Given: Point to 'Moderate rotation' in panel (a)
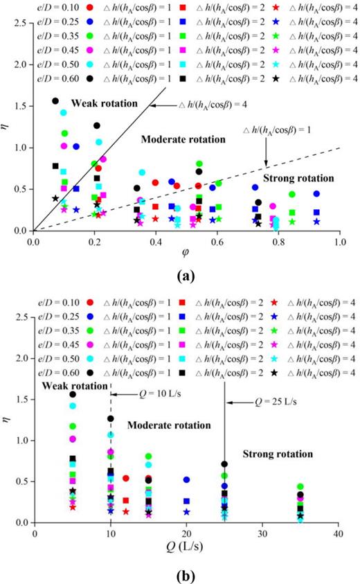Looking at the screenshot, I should pos(183,139).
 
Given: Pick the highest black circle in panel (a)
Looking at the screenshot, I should pos(56,101).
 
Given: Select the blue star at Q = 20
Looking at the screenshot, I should pos(186,512).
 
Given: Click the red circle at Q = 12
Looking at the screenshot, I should pos(126,478).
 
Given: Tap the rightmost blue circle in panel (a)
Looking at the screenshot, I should pos(316,194).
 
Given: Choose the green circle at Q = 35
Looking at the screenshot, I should pos(300,487).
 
